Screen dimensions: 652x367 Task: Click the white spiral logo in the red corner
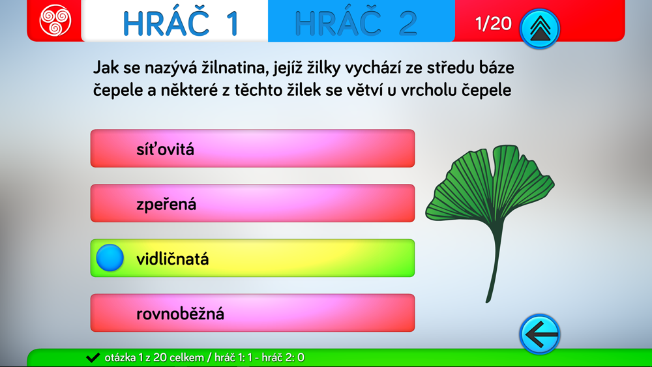coord(55,20)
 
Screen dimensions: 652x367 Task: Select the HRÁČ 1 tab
coord(175,21)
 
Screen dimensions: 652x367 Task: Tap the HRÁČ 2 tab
coord(361,21)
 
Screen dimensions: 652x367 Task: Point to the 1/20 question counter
coord(493,23)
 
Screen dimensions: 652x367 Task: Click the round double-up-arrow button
coord(540,29)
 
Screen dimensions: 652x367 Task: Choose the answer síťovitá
coord(252,149)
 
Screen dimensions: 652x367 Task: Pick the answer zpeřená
coord(252,203)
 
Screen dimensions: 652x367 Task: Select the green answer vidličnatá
coord(252,258)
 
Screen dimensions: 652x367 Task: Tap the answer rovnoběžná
coord(252,313)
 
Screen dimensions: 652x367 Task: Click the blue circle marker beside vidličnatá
coord(110,257)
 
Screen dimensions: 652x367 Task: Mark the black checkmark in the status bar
coord(93,357)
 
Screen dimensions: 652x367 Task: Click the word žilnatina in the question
coord(234,68)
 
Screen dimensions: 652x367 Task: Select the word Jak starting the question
coord(106,67)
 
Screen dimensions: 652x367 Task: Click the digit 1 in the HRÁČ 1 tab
coord(233,23)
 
